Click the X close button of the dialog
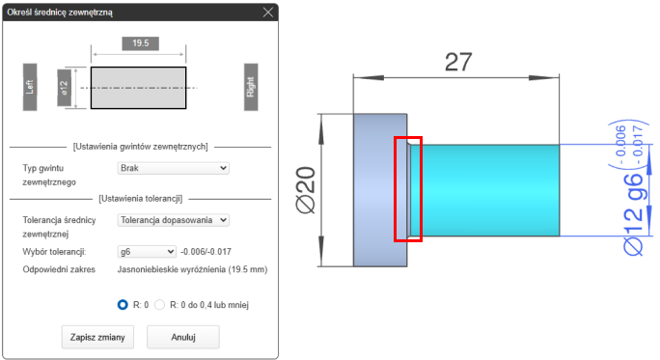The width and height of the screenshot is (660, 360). (267, 13)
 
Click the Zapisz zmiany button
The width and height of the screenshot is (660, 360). (97, 337)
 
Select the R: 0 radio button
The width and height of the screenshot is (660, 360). (123, 304)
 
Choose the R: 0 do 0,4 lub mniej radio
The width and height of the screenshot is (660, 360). (159, 304)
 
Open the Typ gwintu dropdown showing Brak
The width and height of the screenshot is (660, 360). (173, 168)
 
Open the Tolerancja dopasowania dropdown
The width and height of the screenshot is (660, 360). (173, 220)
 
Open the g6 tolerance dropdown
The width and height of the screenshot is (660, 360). (147, 252)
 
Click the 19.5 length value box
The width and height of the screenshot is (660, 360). (141, 43)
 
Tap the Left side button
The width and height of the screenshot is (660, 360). (30, 87)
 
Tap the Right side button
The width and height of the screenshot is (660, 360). (251, 87)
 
